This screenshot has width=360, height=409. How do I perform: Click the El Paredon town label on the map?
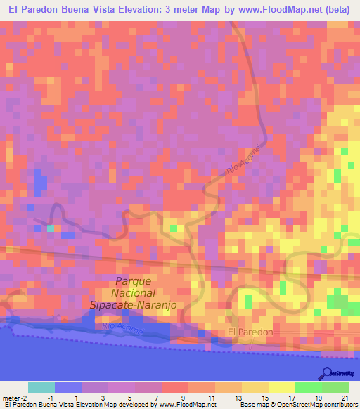[x=250, y=332]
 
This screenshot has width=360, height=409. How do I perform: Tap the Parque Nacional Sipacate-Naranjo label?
[x=133, y=292]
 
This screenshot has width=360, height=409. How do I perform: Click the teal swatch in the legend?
[x=41, y=387]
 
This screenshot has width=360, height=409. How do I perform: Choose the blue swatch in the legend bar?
[x=67, y=387]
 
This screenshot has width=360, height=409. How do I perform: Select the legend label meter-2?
[x=15, y=398]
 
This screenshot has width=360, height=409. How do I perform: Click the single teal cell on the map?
[x=51, y=228]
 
